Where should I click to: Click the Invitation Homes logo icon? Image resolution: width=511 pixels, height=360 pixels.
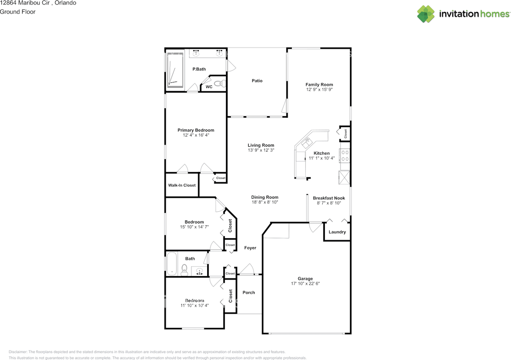(426, 14)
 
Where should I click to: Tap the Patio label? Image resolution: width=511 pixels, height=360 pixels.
(257, 81)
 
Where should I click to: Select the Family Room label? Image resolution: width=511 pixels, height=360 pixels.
(319, 85)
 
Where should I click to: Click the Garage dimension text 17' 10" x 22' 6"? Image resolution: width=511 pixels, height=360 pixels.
(305, 284)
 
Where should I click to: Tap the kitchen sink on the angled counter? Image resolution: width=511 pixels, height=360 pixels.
(308, 141)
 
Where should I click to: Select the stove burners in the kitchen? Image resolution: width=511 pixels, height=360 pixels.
(345, 155)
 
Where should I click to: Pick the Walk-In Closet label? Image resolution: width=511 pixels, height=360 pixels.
(182, 185)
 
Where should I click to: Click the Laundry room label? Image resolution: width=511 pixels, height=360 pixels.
(337, 232)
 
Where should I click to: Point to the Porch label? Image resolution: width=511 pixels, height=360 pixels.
(249, 292)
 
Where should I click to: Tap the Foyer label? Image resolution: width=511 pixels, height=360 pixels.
(250, 248)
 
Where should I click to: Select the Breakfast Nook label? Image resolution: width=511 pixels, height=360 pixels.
(329, 198)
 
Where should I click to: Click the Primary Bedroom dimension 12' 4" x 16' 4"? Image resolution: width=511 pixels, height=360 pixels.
(196, 135)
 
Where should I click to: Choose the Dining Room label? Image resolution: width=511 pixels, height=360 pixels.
(265, 197)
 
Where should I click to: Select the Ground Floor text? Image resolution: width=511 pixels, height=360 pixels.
(18, 12)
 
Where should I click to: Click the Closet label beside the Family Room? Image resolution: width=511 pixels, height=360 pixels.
(345, 133)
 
